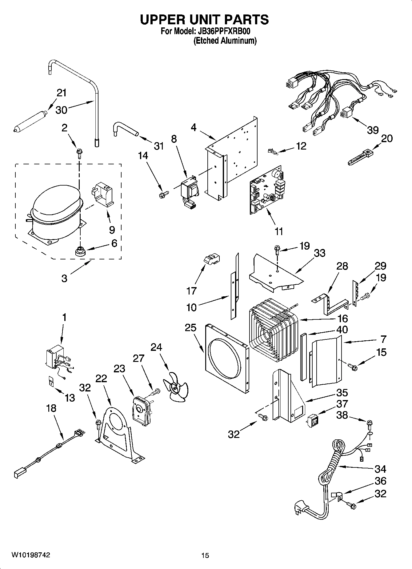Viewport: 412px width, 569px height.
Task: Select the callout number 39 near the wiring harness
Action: point(373,130)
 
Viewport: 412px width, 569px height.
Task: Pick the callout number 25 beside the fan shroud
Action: point(190,327)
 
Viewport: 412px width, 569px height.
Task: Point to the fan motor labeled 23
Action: point(140,409)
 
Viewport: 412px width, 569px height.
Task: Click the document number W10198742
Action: point(30,555)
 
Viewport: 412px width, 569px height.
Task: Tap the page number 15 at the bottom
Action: point(205,555)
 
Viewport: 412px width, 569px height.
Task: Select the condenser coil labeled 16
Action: point(274,331)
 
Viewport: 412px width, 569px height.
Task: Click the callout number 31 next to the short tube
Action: point(159,146)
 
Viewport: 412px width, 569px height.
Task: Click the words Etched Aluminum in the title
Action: point(225,41)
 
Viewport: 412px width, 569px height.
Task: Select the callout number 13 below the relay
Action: point(70,398)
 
